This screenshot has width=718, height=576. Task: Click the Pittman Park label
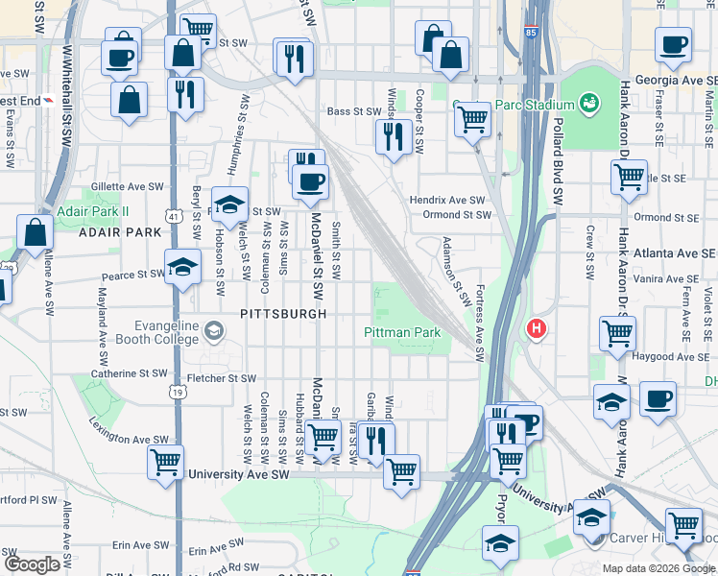click(x=400, y=332)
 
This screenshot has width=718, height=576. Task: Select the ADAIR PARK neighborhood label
click(x=120, y=232)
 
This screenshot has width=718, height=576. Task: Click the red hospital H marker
click(x=536, y=329)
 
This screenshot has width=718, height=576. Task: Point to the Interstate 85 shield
click(x=532, y=32)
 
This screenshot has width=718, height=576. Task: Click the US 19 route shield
click(x=175, y=391)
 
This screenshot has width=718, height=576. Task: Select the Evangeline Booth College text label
click(x=158, y=332)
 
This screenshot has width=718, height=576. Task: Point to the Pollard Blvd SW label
click(x=557, y=161)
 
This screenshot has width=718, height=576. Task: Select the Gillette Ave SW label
click(x=127, y=186)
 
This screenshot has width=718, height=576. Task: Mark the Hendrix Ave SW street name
click(x=448, y=200)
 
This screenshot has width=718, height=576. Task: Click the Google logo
click(x=32, y=564)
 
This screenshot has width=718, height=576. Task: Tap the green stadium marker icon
click(x=589, y=101)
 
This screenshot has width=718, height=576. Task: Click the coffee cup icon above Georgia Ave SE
click(x=672, y=43)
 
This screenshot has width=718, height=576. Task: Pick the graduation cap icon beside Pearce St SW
click(x=180, y=269)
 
